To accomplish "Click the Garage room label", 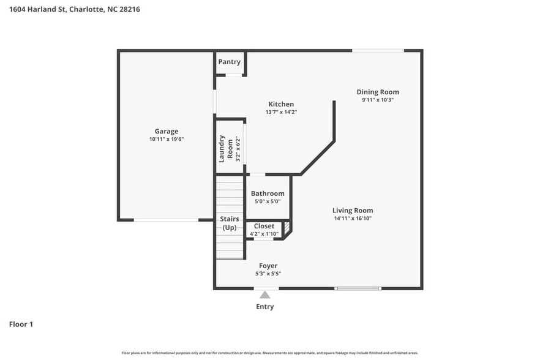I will click(x=166, y=131).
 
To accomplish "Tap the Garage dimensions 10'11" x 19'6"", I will click(x=166, y=139).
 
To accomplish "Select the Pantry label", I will click(x=229, y=62).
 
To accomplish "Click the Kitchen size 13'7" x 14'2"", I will click(x=281, y=112).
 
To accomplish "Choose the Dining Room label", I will click(x=378, y=92).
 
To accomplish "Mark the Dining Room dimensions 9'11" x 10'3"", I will click(x=378, y=100).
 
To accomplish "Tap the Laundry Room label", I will click(x=227, y=148).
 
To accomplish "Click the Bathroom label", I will click(x=268, y=193).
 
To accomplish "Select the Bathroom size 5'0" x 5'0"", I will click(x=268, y=201).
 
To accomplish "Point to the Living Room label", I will click(x=353, y=211).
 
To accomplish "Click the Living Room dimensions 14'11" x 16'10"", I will click(x=353, y=219).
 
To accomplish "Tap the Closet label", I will click(x=264, y=226).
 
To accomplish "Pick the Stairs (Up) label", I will click(x=230, y=223).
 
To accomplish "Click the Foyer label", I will click(x=268, y=266).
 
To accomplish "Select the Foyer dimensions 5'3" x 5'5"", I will click(x=268, y=274).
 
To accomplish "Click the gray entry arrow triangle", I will click(x=264, y=295).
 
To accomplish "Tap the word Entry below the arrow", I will click(x=265, y=307).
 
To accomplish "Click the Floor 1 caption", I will click(x=21, y=324).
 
